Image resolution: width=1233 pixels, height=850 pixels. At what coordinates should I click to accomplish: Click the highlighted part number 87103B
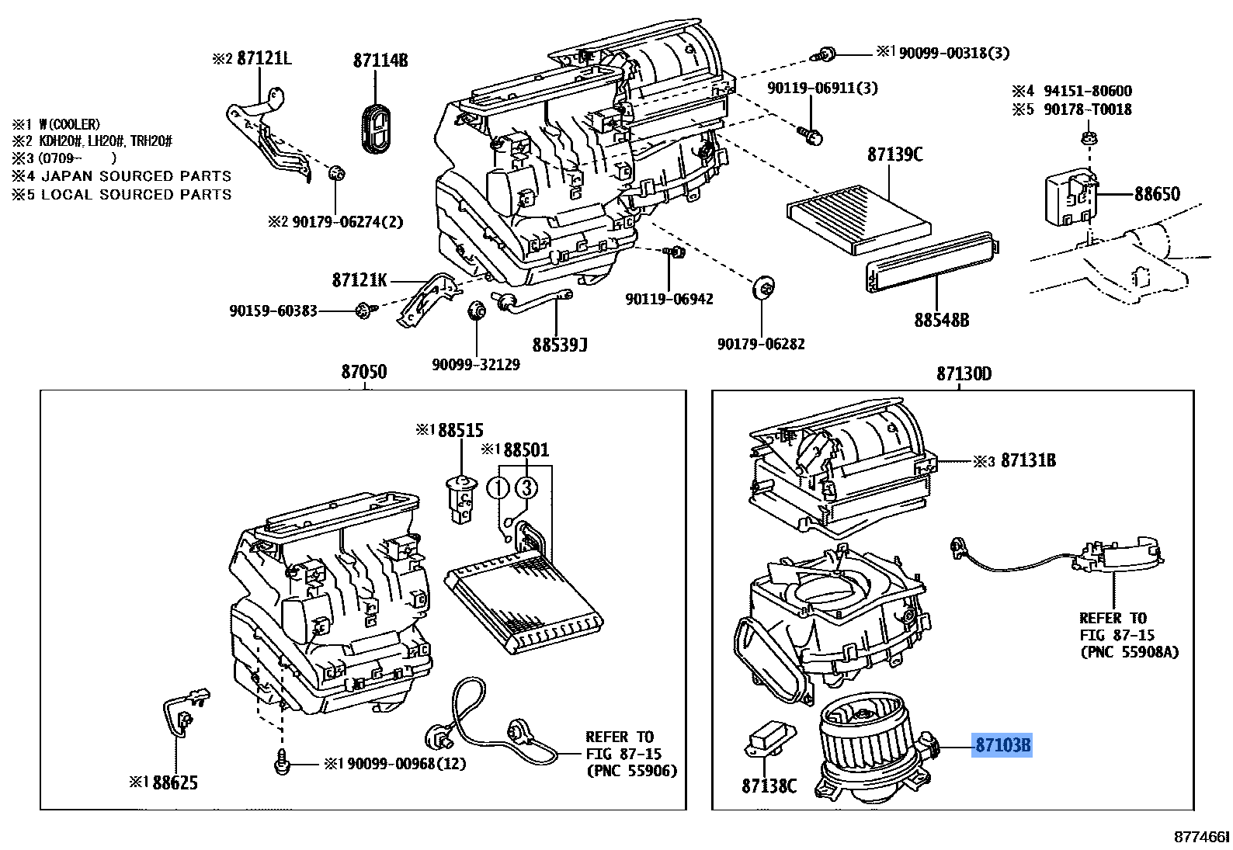pos(1002,746)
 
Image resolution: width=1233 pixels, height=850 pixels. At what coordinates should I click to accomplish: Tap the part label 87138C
pos(768,786)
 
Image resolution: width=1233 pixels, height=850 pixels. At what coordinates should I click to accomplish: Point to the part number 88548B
pos(940,320)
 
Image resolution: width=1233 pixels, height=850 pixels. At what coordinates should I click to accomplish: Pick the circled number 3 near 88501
pos(526,487)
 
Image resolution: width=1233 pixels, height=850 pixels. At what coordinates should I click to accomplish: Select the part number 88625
pos(175,782)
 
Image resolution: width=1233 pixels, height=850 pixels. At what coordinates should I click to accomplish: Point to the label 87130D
pos(963,374)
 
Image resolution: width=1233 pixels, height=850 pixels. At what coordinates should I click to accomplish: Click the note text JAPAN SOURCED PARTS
pos(136,176)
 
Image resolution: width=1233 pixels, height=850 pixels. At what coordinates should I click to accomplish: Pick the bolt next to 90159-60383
pos(362,311)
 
